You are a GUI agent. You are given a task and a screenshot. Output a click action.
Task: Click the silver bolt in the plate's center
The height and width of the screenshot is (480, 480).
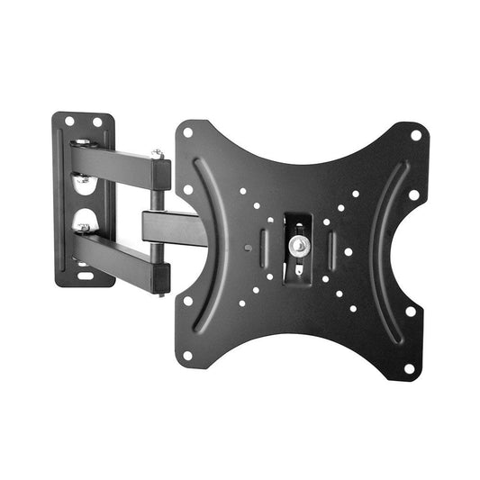point(296,245)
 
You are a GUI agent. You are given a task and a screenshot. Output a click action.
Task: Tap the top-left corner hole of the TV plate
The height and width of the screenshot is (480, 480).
point(188,131)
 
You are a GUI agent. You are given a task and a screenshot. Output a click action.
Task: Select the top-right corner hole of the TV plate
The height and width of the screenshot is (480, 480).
point(415,135)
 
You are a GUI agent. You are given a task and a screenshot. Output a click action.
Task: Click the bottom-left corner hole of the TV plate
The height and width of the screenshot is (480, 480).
point(187,355)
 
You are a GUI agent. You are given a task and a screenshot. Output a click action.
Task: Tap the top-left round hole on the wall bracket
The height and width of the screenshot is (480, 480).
point(68,121)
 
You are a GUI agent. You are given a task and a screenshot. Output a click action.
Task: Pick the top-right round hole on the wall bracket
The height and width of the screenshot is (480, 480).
point(96,122)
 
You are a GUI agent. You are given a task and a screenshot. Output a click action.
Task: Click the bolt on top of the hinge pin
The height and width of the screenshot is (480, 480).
point(158,155)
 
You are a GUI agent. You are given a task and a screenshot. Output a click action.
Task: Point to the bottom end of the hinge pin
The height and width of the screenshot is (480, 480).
point(160,290)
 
